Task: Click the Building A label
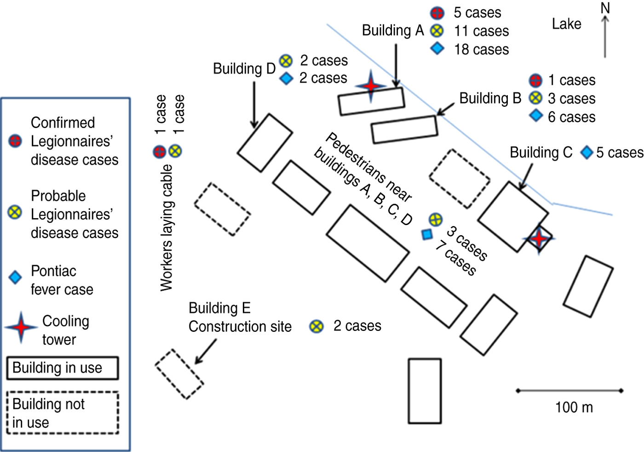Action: point(393,31)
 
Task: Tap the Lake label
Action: point(566,24)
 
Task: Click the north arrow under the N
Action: point(605,36)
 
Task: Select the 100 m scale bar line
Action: point(569,390)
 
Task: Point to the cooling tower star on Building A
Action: point(371,86)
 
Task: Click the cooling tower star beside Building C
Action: point(539,238)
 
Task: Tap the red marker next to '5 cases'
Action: point(437,13)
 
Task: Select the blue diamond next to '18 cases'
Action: point(437,49)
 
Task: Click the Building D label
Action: point(244,69)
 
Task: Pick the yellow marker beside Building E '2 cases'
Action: point(316,326)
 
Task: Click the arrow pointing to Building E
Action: point(206,351)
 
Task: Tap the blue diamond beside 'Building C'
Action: point(586,152)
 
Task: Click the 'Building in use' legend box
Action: point(63,368)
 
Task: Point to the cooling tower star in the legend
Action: point(21,327)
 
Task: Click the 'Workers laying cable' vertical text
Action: point(167,227)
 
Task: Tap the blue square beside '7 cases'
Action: point(427,234)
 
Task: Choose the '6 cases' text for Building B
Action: point(571,117)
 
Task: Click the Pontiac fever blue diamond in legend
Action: point(15,278)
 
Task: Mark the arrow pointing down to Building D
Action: point(254,105)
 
